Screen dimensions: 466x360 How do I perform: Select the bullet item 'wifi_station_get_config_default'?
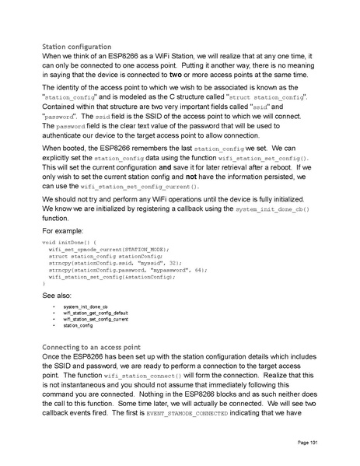click(96, 314)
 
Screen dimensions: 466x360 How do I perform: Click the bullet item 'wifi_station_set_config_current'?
click(96, 320)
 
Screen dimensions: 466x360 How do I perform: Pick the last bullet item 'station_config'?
click(79, 326)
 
